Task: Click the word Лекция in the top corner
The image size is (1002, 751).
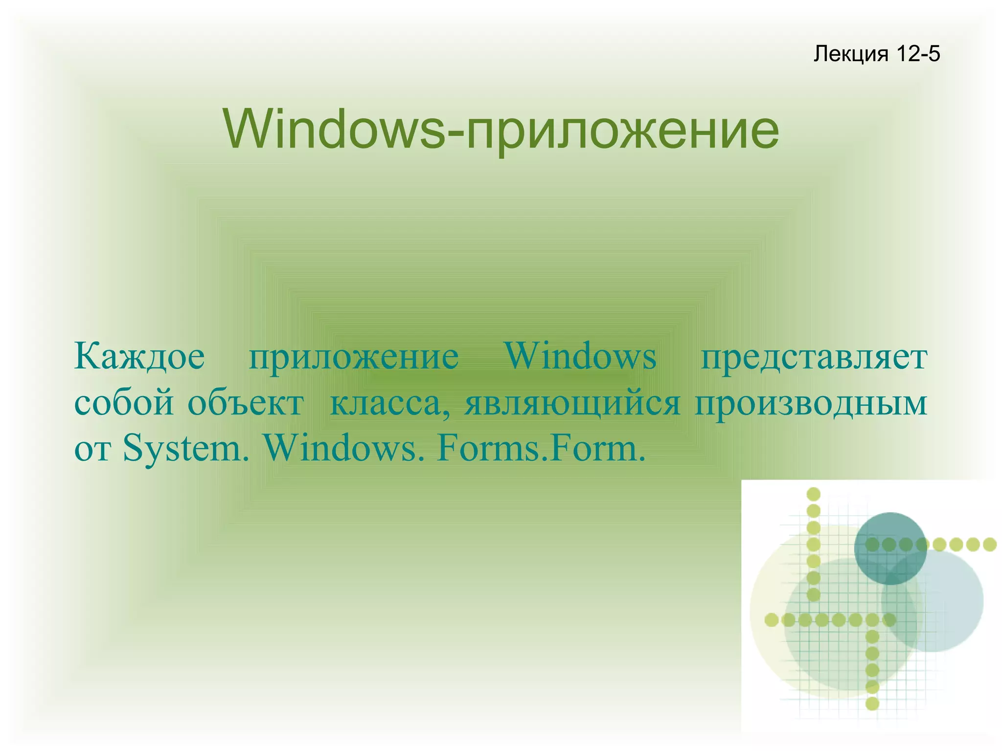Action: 850,54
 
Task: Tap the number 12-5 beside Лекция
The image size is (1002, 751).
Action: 918,54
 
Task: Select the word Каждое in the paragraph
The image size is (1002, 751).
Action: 139,357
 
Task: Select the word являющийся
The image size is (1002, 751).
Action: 572,404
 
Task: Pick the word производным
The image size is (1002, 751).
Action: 811,404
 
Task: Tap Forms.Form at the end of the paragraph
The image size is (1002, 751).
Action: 541,449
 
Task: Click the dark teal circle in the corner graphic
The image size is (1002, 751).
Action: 890,548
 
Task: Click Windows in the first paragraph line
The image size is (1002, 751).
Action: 580,357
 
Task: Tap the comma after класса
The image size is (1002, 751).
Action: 446,414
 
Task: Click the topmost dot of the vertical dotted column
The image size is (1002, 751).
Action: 813,495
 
